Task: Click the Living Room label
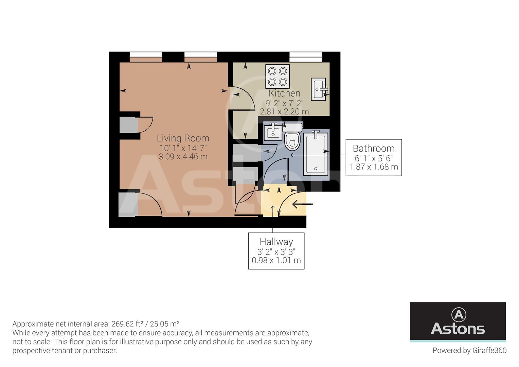(x=183, y=138)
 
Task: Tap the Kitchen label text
(x=284, y=93)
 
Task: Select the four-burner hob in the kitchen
(x=278, y=76)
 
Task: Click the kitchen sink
(x=319, y=89)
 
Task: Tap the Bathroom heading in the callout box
(x=374, y=148)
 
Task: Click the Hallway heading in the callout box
(x=276, y=242)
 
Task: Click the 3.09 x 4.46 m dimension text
(x=183, y=157)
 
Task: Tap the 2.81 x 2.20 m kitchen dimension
(x=284, y=111)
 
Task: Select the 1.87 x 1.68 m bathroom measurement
(x=374, y=167)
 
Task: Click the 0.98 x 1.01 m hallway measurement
(x=276, y=261)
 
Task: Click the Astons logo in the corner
(x=458, y=321)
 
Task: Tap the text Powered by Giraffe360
(x=469, y=350)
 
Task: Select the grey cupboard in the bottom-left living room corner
(x=128, y=205)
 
